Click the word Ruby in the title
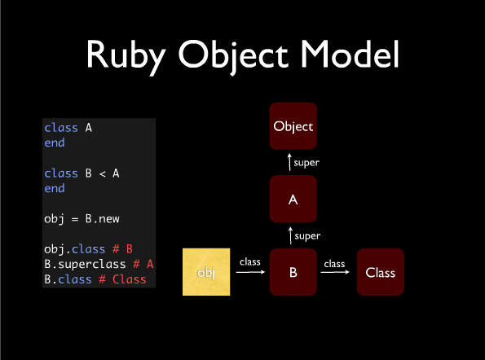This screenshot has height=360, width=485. (x=126, y=55)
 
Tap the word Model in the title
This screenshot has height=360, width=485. (x=350, y=54)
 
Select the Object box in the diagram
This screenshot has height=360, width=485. (x=293, y=126)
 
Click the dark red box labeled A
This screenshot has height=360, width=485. (x=293, y=199)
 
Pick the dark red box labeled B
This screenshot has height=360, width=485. (x=293, y=272)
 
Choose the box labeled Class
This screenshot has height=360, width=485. (x=381, y=272)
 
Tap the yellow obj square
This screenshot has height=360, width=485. (x=206, y=272)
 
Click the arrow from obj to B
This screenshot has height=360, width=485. (x=250, y=272)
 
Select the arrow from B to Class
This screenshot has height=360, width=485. (x=335, y=272)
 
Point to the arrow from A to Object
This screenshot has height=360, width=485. (x=289, y=162)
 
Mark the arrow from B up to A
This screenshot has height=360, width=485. (x=290, y=235)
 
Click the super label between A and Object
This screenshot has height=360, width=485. (x=306, y=163)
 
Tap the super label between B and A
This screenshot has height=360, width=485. (x=307, y=236)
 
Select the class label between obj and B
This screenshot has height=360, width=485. (x=250, y=262)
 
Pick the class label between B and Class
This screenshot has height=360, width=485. (x=334, y=264)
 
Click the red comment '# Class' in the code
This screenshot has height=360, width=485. (x=122, y=279)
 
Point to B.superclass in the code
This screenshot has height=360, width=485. (x=85, y=264)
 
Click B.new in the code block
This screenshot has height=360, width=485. (x=103, y=219)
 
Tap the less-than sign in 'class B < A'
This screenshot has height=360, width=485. (x=103, y=174)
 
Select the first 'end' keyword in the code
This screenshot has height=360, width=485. (x=55, y=143)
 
